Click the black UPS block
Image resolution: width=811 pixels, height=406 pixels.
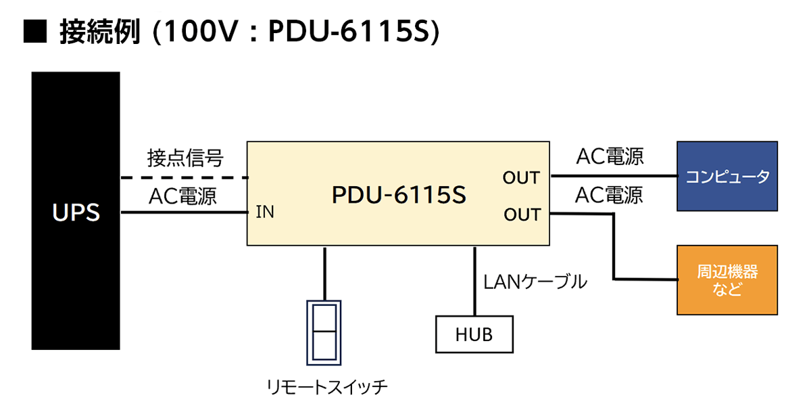pyautogui.click(x=76, y=211)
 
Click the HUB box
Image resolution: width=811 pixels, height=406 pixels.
pyautogui.click(x=474, y=334)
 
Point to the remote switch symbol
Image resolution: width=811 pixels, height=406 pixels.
pyautogui.click(x=325, y=331)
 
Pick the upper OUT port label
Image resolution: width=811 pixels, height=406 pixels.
pyautogui.click(x=521, y=178)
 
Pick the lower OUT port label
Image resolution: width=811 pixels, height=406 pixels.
pyautogui.click(x=522, y=215)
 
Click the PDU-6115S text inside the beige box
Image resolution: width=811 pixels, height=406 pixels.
pyautogui.click(x=399, y=196)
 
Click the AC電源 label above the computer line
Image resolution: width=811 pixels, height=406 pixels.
pyautogui.click(x=610, y=157)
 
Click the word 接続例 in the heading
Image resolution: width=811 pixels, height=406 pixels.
pyautogui.click(x=99, y=32)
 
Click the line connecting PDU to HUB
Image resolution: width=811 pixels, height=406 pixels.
pyautogui.click(x=474, y=281)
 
